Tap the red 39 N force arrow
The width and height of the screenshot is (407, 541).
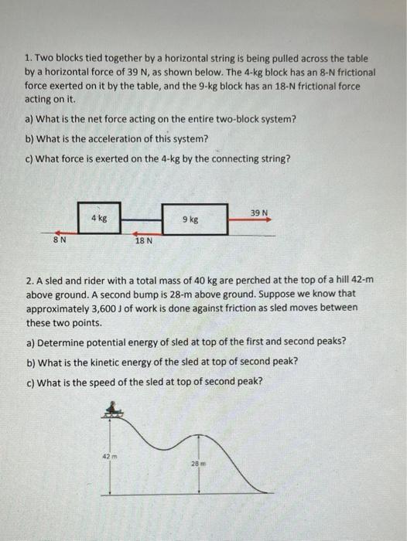click(x=251, y=219)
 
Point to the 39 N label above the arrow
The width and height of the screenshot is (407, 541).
click(x=259, y=212)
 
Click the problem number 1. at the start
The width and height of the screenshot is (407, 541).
click(x=28, y=59)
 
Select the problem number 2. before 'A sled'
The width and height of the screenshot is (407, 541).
click(x=29, y=281)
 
